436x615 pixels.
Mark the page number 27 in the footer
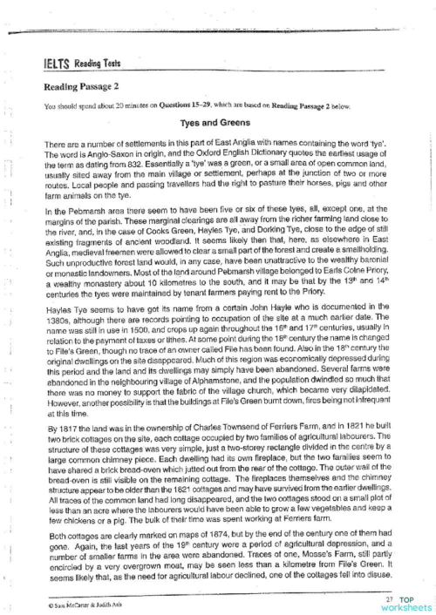(x=387, y=598)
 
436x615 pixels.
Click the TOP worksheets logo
(x=410, y=603)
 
